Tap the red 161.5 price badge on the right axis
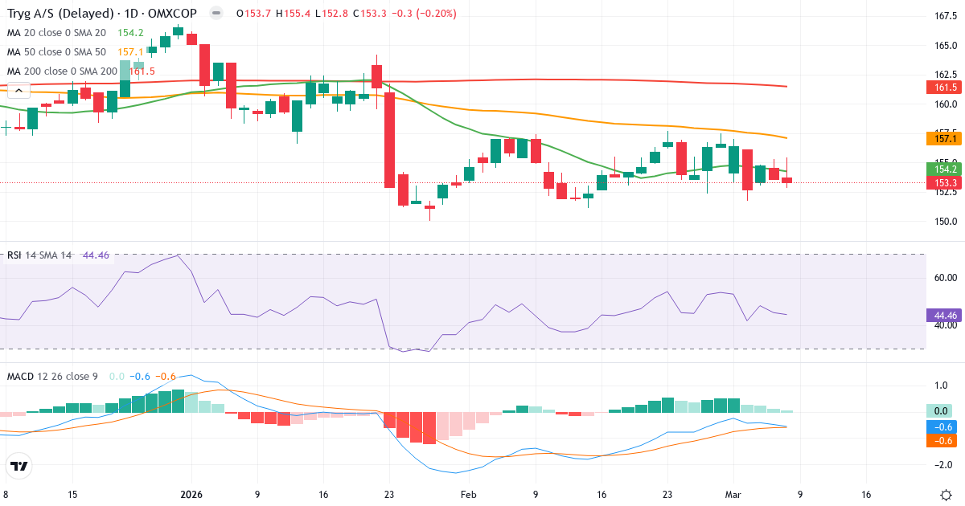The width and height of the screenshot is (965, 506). [x=946, y=88]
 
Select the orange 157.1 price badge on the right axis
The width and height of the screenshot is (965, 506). [x=946, y=139]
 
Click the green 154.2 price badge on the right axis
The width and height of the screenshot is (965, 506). [x=946, y=169]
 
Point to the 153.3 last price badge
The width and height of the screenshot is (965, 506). [x=946, y=182]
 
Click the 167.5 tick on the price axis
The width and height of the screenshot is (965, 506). [x=946, y=16]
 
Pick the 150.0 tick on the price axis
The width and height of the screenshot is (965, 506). [x=946, y=222]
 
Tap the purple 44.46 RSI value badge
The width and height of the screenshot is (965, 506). [x=946, y=316]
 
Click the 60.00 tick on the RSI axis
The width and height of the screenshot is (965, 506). [x=946, y=278]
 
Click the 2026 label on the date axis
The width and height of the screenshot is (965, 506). [x=191, y=494]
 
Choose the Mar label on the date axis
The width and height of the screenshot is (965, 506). [x=733, y=494]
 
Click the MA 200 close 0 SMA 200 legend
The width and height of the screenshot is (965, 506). [x=64, y=71]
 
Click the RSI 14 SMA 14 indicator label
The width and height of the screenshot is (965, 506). [x=39, y=255]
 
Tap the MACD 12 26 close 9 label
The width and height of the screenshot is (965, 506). [x=52, y=376]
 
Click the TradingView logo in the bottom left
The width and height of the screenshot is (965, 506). [x=19, y=466]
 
